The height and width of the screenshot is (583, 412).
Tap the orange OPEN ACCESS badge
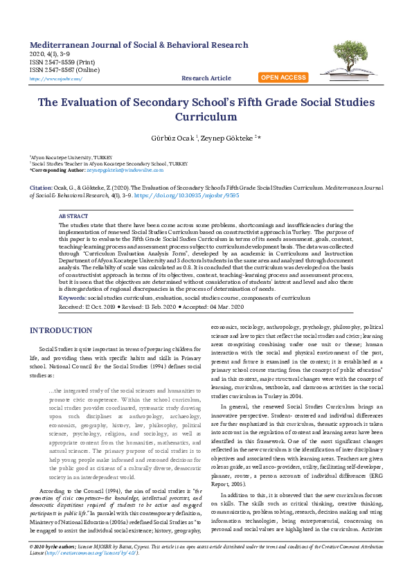(283, 78)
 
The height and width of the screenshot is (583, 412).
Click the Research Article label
(206, 78)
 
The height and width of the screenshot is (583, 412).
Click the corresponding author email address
(125, 169)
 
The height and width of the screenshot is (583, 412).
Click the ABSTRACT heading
(73, 216)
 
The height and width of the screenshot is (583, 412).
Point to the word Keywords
(72, 296)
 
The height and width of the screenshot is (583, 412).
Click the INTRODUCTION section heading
(66, 330)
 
